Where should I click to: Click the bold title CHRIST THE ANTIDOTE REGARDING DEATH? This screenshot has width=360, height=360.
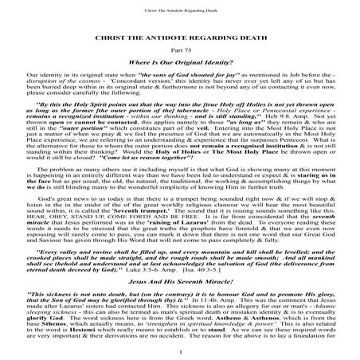coord(180,37)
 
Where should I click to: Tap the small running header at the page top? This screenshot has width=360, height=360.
coord(180,12)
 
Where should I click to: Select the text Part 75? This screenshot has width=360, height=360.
coord(180,51)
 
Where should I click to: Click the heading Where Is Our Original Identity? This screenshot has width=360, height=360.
coord(180,63)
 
